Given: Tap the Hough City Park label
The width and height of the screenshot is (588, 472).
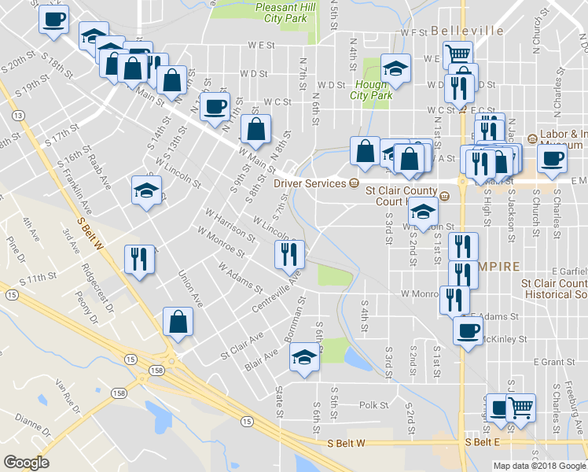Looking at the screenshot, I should (x=372, y=90).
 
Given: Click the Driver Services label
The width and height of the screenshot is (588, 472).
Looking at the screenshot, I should (x=309, y=183).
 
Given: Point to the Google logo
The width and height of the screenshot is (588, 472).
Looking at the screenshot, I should (x=26, y=463).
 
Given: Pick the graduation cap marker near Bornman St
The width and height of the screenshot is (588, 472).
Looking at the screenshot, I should (x=304, y=358).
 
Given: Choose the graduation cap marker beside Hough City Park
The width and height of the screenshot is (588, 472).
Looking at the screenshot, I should (x=395, y=68).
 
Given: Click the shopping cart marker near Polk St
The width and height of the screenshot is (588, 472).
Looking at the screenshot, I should (x=520, y=407).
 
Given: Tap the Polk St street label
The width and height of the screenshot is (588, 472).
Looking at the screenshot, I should (x=373, y=405).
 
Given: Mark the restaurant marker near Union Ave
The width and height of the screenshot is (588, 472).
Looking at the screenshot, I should (x=138, y=259).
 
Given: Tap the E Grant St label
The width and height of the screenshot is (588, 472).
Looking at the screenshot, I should (x=554, y=362).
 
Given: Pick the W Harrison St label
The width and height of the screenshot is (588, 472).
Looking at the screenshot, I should (x=230, y=225).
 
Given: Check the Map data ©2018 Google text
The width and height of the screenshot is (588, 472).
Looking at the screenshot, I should (x=540, y=466).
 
